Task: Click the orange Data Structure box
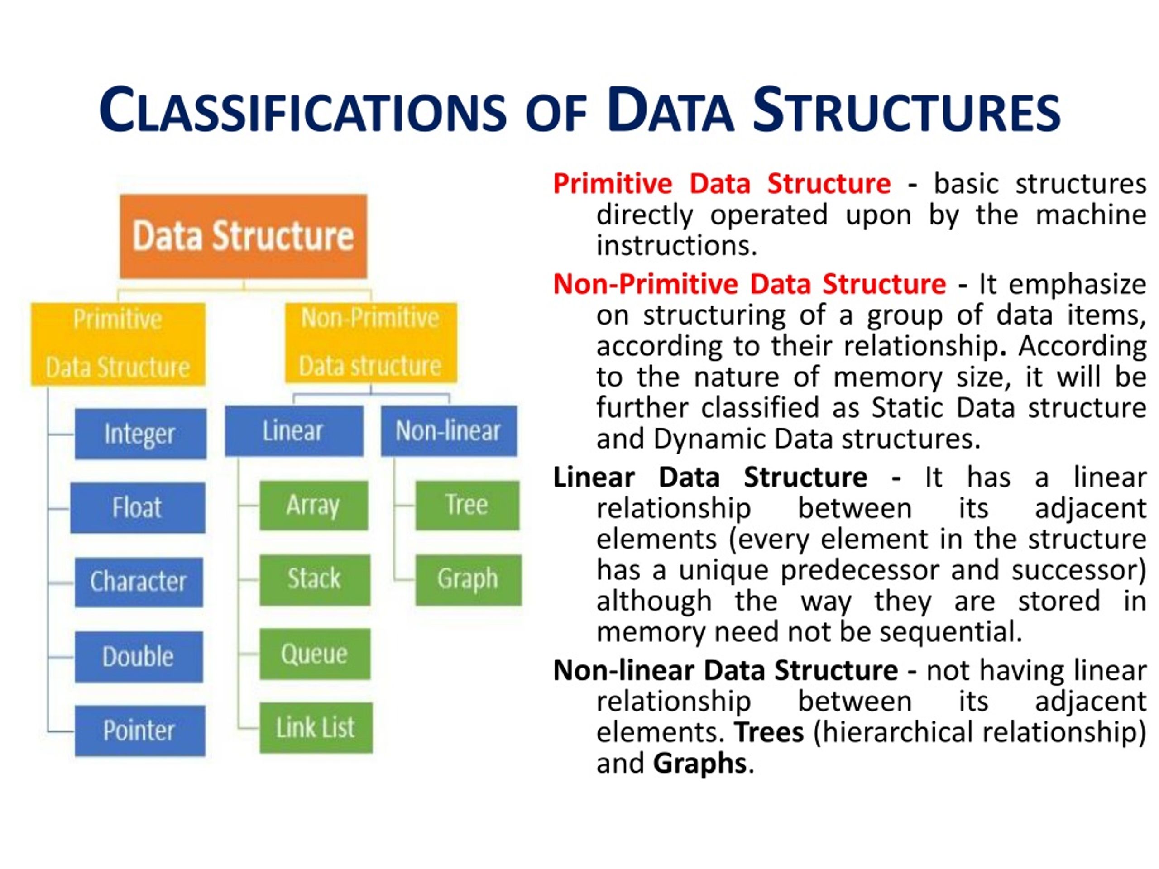[243, 236]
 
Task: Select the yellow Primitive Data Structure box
[118, 344]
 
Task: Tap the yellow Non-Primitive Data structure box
[370, 342]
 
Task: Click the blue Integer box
[140, 434]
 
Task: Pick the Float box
[137, 507]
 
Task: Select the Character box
[139, 582]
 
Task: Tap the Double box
[139, 656]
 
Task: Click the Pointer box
[139, 730]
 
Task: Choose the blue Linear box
[293, 430]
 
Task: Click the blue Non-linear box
[449, 430]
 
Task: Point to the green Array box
[313, 505]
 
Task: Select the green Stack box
[314, 579]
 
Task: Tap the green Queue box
[314, 654]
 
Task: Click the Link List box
[316, 728]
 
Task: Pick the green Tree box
[467, 505]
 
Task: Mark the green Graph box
[468, 579]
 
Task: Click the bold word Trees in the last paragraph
[768, 732]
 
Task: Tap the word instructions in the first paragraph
[676, 246]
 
